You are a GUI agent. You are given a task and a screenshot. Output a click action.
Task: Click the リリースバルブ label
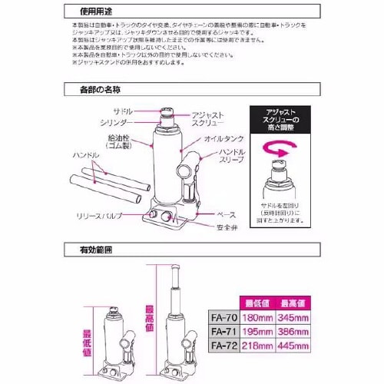100,217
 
